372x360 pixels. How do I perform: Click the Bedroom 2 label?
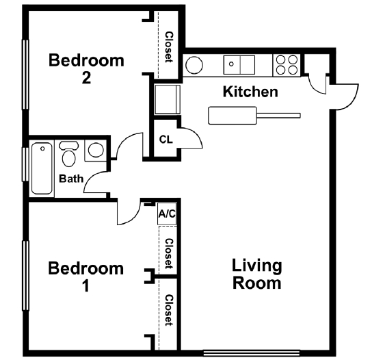pyautogui.click(x=86, y=68)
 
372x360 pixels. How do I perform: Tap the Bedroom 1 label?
pyautogui.click(x=86, y=276)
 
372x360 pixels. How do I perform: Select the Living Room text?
pyautogui.click(x=257, y=274)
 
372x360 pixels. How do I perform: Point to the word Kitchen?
pyautogui.click(x=251, y=92)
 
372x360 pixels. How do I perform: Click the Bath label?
pyautogui.click(x=71, y=179)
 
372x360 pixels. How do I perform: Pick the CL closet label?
pyautogui.click(x=165, y=140)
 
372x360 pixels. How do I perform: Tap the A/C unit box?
pyautogui.click(x=167, y=214)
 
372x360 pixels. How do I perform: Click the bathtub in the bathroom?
pyautogui.click(x=42, y=168)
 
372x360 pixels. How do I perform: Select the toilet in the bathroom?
pyautogui.click(x=68, y=155)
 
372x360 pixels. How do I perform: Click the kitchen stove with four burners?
pyautogui.click(x=287, y=64)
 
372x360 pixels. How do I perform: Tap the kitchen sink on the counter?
pyautogui.click(x=239, y=64)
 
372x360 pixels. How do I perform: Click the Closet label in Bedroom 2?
pyautogui.click(x=168, y=47)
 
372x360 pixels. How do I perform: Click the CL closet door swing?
pyautogui.click(x=191, y=138)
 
